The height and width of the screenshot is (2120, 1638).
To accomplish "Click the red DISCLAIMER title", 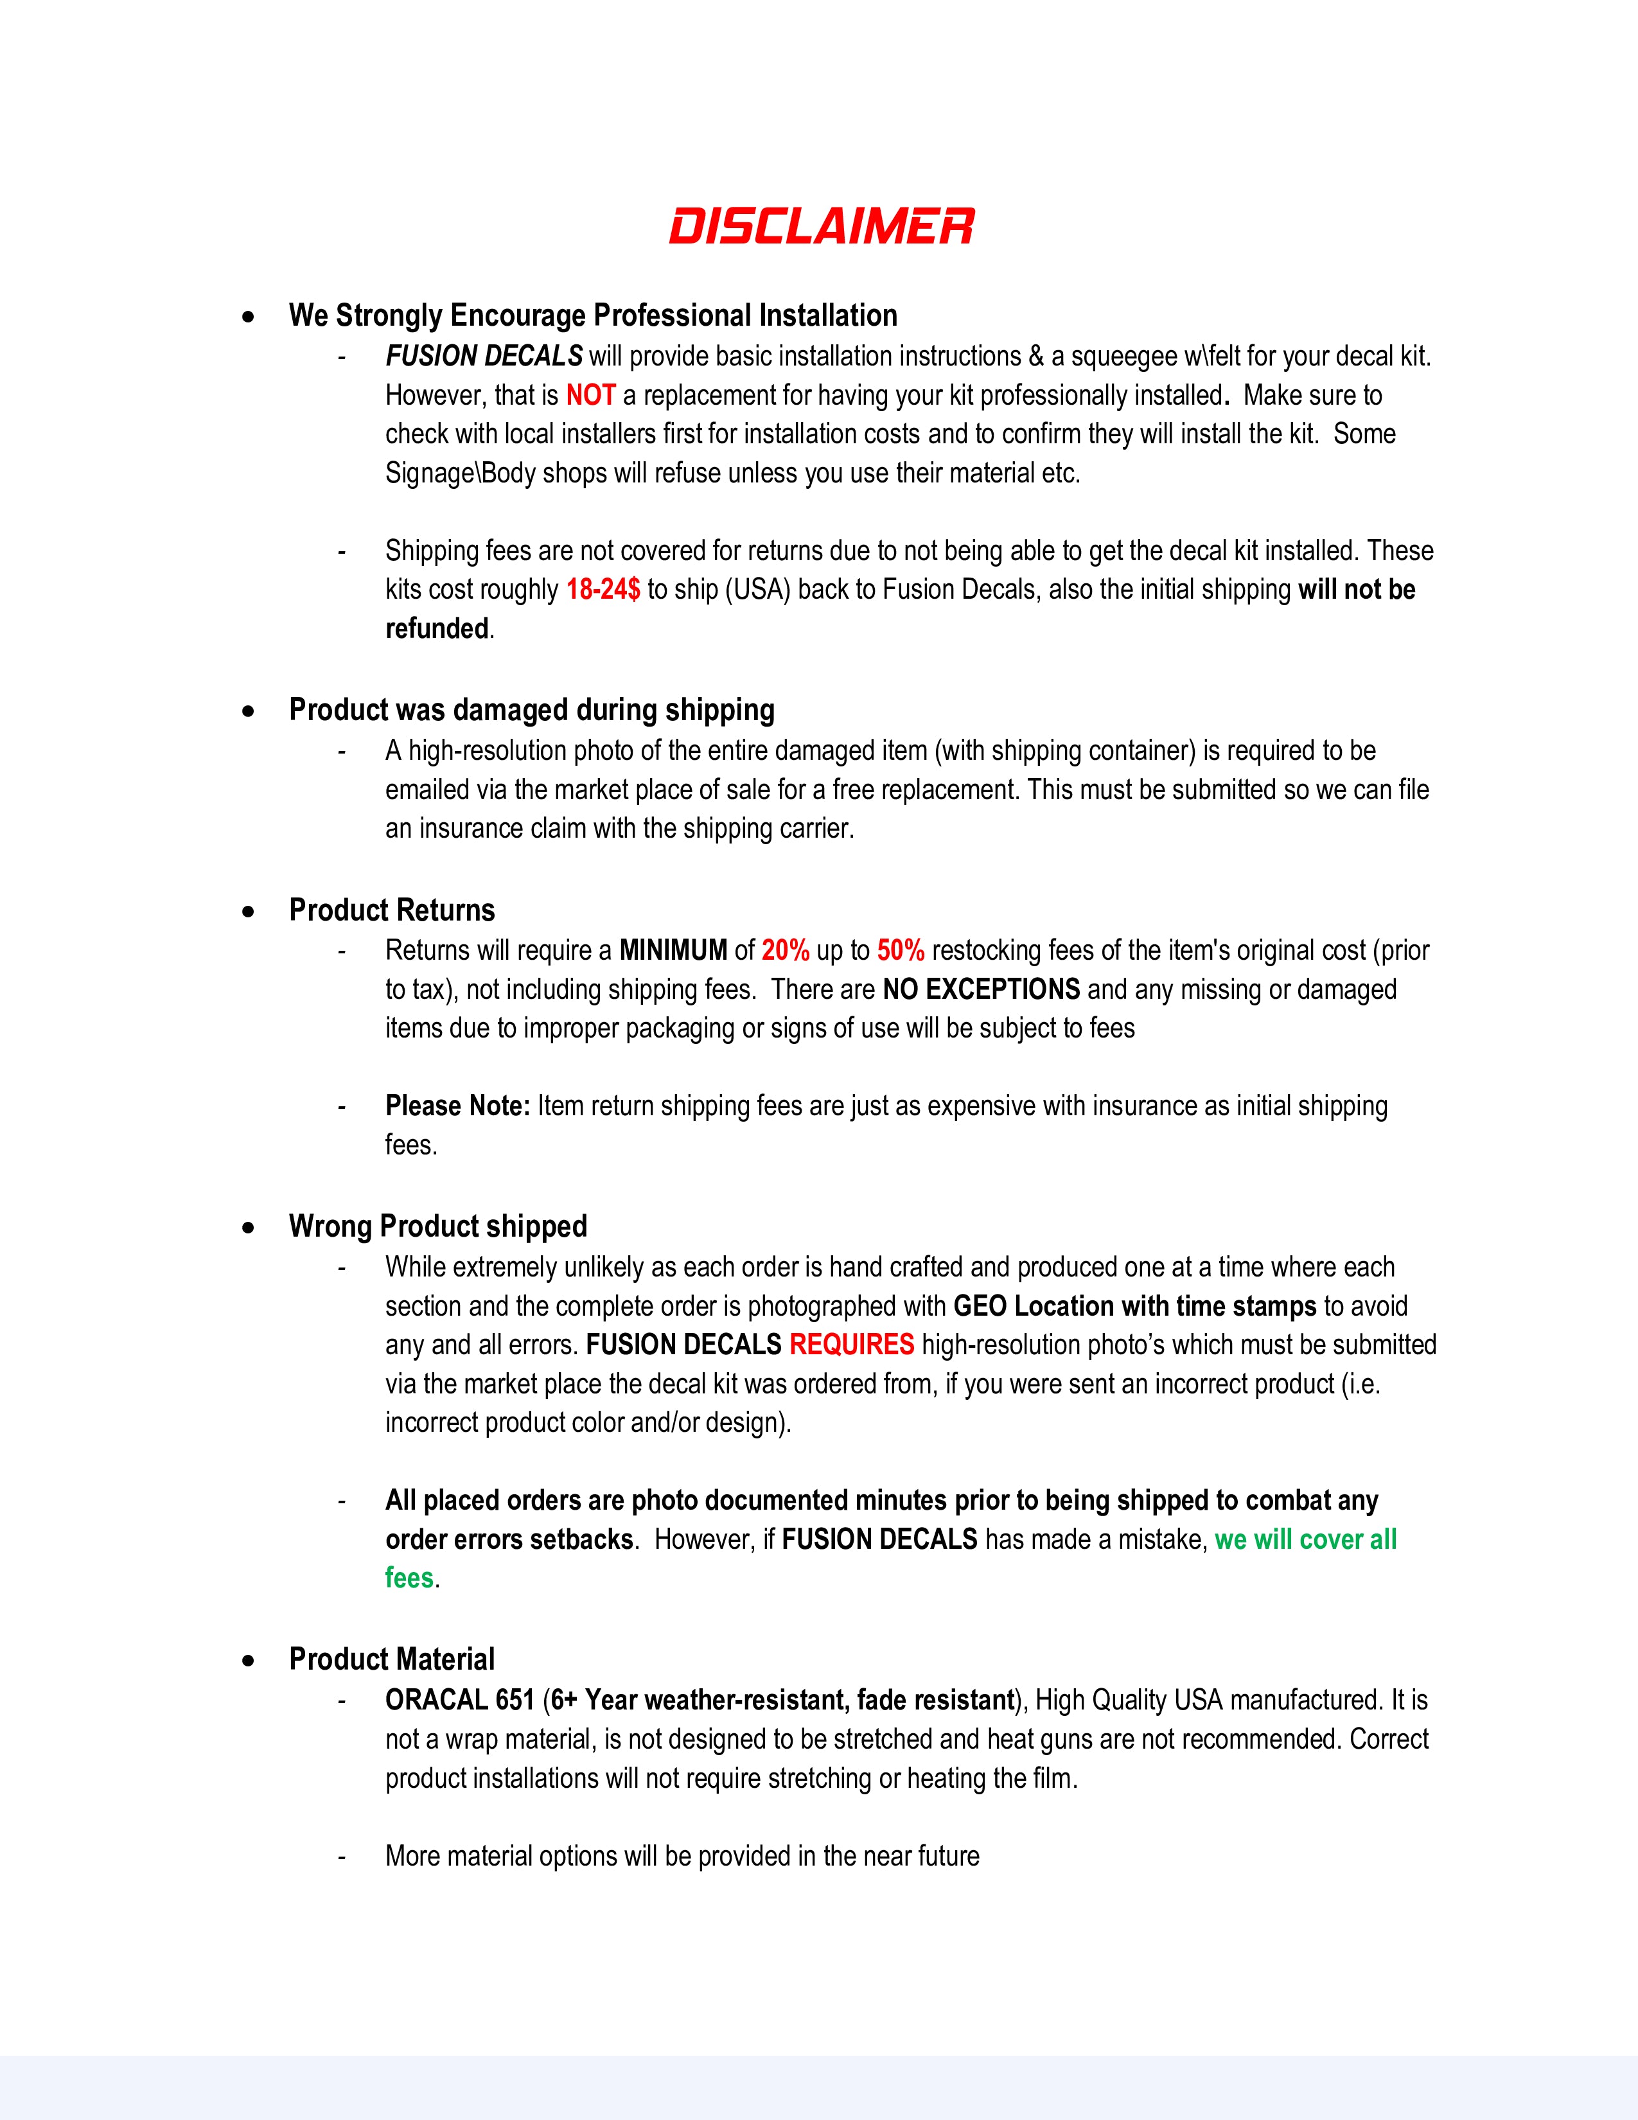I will pos(821,226).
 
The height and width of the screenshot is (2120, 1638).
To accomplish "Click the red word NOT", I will pos(591,396).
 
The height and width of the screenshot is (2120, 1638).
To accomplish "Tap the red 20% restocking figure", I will pos(785,950).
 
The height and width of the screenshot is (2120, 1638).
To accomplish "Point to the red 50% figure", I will pos(901,950).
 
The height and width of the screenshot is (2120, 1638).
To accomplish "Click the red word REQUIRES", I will pos(851,1345).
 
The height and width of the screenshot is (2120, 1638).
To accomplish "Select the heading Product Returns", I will pos(392,910).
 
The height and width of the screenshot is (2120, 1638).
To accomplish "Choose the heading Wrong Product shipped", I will pos(437,1226).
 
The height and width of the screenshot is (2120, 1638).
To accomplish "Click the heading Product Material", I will pos(392,1659).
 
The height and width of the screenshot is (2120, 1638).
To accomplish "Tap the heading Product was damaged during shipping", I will pos(532,710).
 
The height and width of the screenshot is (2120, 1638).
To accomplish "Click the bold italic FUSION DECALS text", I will pos(483,357).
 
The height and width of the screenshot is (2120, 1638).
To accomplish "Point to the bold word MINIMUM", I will pos(673,950).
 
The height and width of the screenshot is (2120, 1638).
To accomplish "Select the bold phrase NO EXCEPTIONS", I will pos(981,989).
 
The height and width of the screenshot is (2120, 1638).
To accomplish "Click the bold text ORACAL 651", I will pos(459,1700).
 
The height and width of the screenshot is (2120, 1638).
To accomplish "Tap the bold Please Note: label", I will pos(457,1106).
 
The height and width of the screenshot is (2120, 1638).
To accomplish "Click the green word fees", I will pos(409,1577).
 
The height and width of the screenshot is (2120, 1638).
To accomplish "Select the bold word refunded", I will pos(437,629).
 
